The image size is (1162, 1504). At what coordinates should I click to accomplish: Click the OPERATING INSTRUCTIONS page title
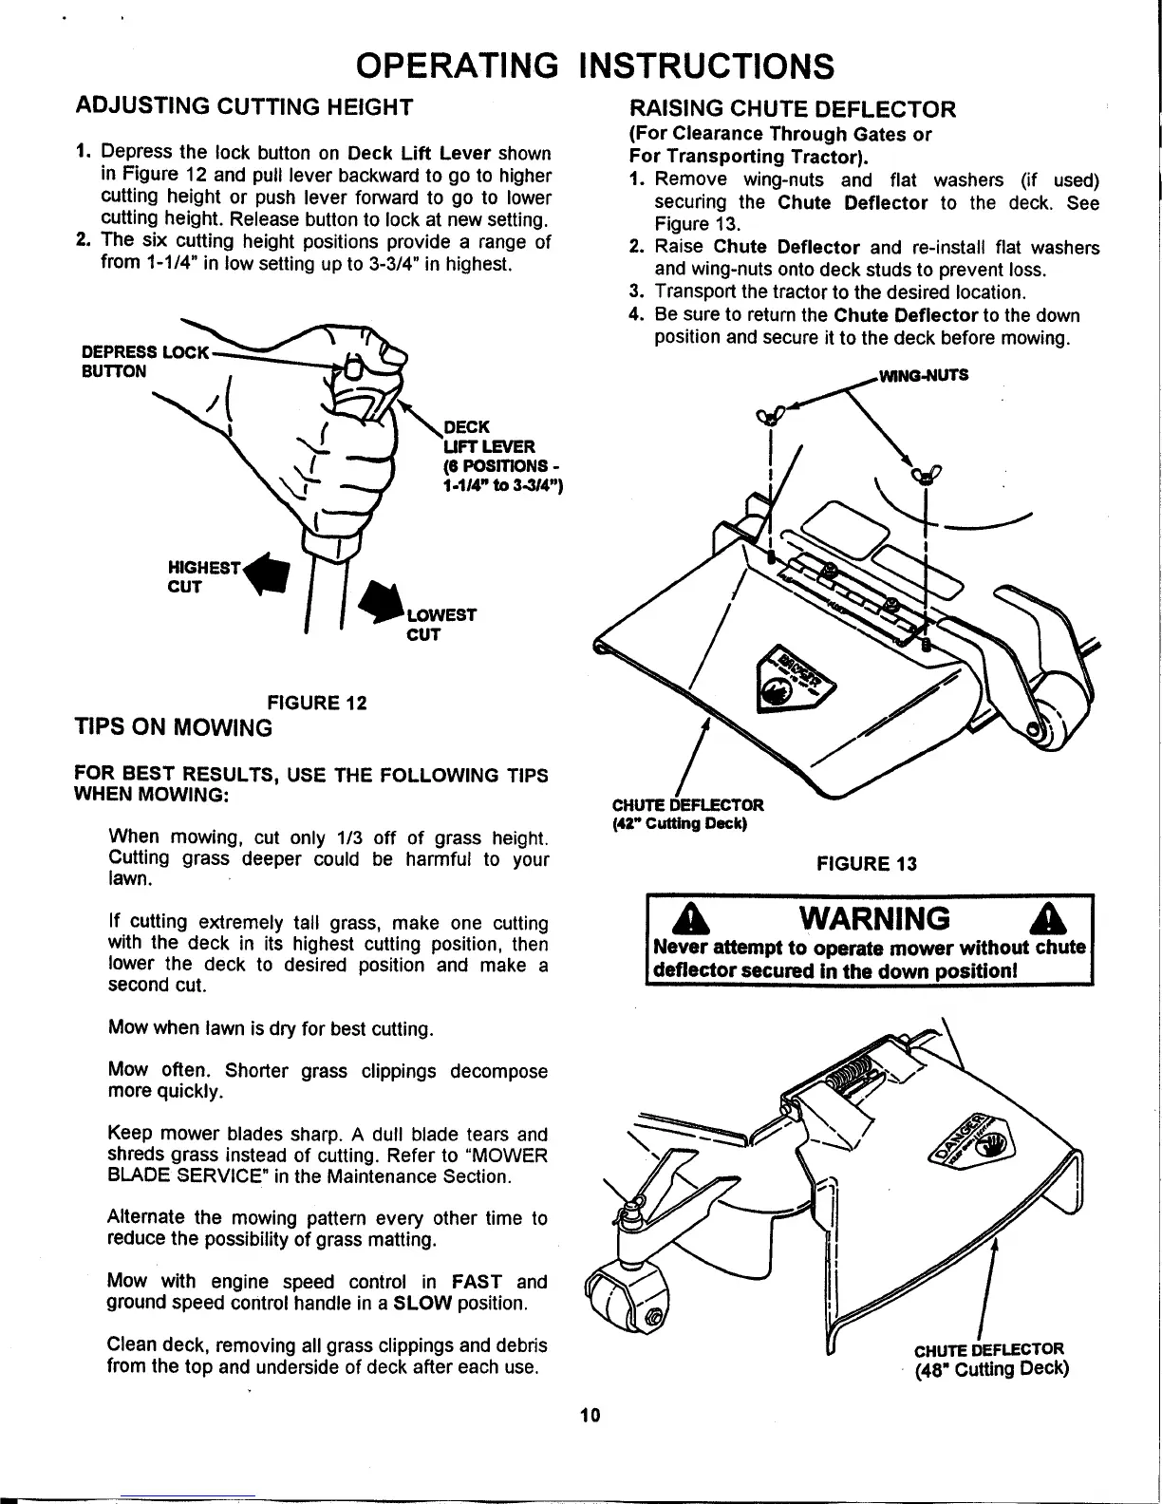coord(594,66)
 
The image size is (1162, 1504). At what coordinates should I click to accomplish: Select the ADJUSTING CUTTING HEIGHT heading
coord(243,105)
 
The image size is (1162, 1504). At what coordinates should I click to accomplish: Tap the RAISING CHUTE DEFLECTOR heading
coord(793,107)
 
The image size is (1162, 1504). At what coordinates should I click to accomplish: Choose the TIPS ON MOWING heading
coord(173,728)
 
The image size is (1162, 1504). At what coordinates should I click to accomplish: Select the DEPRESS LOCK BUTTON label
coord(142,361)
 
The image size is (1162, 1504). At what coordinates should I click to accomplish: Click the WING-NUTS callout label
coord(923,374)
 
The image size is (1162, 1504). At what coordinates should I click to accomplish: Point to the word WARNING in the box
coord(874,918)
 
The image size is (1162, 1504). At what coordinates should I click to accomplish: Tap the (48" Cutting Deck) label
coord(992,1368)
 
